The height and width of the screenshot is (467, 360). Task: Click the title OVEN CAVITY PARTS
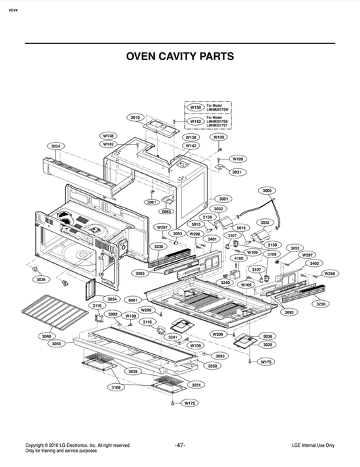pyautogui.click(x=180, y=56)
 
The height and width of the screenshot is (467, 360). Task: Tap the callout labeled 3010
pyautogui.click(x=135, y=118)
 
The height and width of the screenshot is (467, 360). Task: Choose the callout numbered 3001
pyautogui.click(x=224, y=199)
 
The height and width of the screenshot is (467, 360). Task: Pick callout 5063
pyautogui.click(x=166, y=211)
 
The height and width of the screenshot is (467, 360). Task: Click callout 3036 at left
pyautogui.click(x=41, y=279)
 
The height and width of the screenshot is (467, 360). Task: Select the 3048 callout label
pyautogui.click(x=46, y=336)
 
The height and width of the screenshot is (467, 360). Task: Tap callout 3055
pyautogui.click(x=57, y=344)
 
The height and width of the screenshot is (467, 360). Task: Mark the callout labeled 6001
pyautogui.click(x=132, y=299)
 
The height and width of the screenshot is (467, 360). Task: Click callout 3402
pyautogui.click(x=315, y=263)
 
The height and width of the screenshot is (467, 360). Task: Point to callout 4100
pyautogui.click(x=238, y=258)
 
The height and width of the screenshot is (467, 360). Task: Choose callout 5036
pyautogui.click(x=267, y=336)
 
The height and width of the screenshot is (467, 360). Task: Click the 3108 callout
pyautogui.click(x=116, y=388)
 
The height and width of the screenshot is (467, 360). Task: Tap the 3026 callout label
pyautogui.click(x=132, y=372)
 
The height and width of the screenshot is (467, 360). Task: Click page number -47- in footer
pyautogui.click(x=180, y=445)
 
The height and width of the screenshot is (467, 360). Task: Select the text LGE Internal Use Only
pyautogui.click(x=313, y=445)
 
